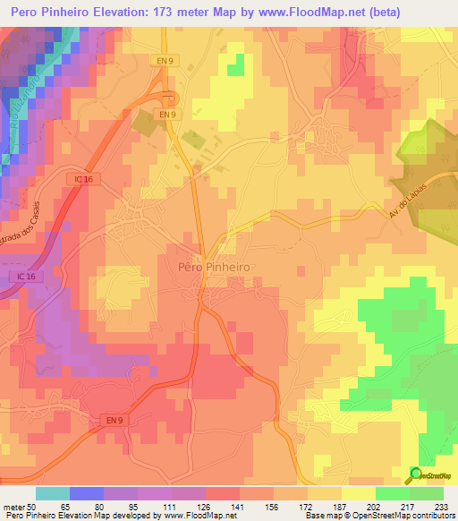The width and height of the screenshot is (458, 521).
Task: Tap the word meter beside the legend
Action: tap(16, 506)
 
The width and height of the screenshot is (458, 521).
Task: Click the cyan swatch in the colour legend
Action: tap(53, 493)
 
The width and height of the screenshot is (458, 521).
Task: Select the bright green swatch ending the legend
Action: tap(427, 493)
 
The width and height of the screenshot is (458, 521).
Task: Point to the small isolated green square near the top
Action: tap(235, 64)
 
